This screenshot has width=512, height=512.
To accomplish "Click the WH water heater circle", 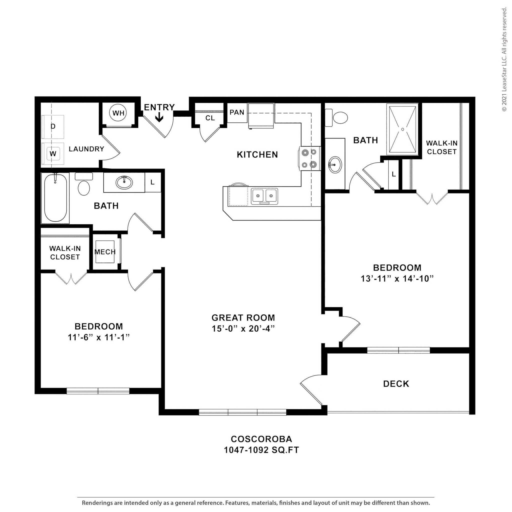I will [118, 113].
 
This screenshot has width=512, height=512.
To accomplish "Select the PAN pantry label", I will [237, 112].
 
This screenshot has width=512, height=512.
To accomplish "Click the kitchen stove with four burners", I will [309, 158].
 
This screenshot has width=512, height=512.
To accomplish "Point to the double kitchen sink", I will [264, 196].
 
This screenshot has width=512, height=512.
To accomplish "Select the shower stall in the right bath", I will [402, 129].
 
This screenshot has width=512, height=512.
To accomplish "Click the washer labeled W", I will [53, 154].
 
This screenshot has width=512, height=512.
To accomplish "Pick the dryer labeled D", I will [53, 127].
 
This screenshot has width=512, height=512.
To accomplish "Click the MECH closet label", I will [105, 252].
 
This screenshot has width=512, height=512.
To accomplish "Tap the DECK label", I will [396, 384].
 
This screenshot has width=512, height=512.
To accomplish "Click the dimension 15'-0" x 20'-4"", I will [243, 328].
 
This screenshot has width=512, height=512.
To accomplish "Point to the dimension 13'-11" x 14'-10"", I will [397, 279].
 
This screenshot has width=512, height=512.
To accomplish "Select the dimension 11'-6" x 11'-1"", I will [98, 337].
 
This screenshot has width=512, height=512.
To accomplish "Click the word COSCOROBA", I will [261, 439].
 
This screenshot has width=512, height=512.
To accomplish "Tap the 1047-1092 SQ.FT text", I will [261, 450].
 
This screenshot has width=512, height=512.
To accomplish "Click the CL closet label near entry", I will [210, 118].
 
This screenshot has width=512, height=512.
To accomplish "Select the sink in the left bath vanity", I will [124, 182].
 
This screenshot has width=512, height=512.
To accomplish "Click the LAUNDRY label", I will [86, 149].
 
